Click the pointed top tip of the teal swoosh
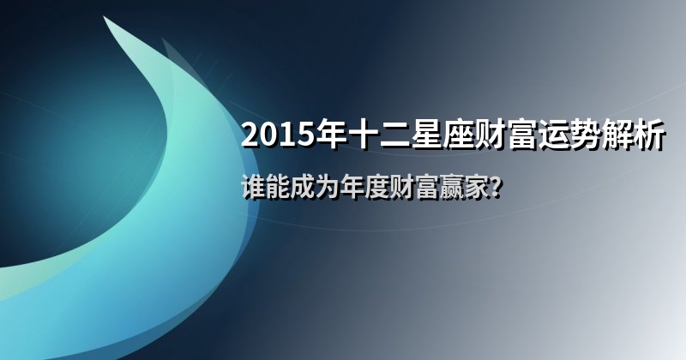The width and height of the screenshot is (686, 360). click(x=104, y=17)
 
